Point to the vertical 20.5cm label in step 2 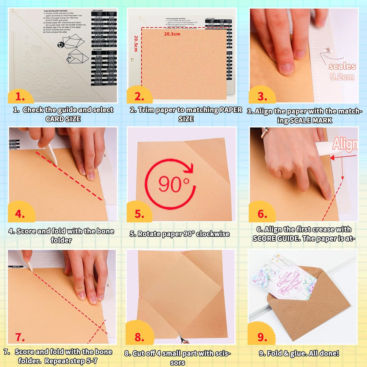click(135, 44)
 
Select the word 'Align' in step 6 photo click(345, 145)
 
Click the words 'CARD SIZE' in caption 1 click(63, 119)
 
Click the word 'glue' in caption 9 click(294, 354)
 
